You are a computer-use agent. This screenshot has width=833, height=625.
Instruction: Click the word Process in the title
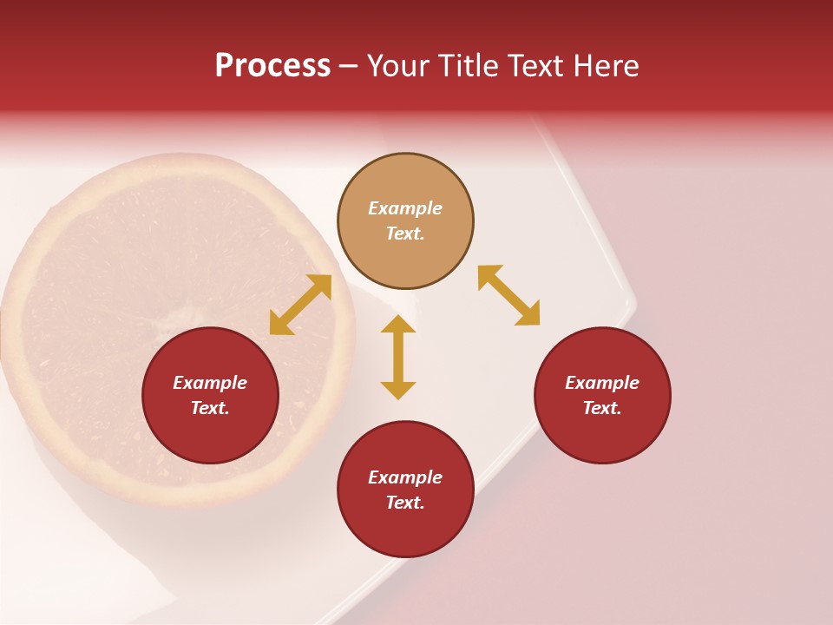point(272,66)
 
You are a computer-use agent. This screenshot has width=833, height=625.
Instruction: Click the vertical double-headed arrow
point(398,357)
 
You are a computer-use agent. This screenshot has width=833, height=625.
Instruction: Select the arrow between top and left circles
point(300,305)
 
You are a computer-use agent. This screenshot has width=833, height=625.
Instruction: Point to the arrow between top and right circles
point(508,295)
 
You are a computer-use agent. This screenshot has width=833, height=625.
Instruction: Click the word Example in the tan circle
point(405,208)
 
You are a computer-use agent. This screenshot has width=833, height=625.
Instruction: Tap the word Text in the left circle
point(210,408)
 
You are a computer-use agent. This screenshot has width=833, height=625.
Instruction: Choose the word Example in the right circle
point(602,383)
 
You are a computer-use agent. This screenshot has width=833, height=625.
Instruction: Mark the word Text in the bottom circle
point(405,503)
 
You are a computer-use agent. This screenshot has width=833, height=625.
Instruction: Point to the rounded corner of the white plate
point(630,304)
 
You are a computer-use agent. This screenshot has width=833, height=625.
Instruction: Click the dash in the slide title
point(349,66)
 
